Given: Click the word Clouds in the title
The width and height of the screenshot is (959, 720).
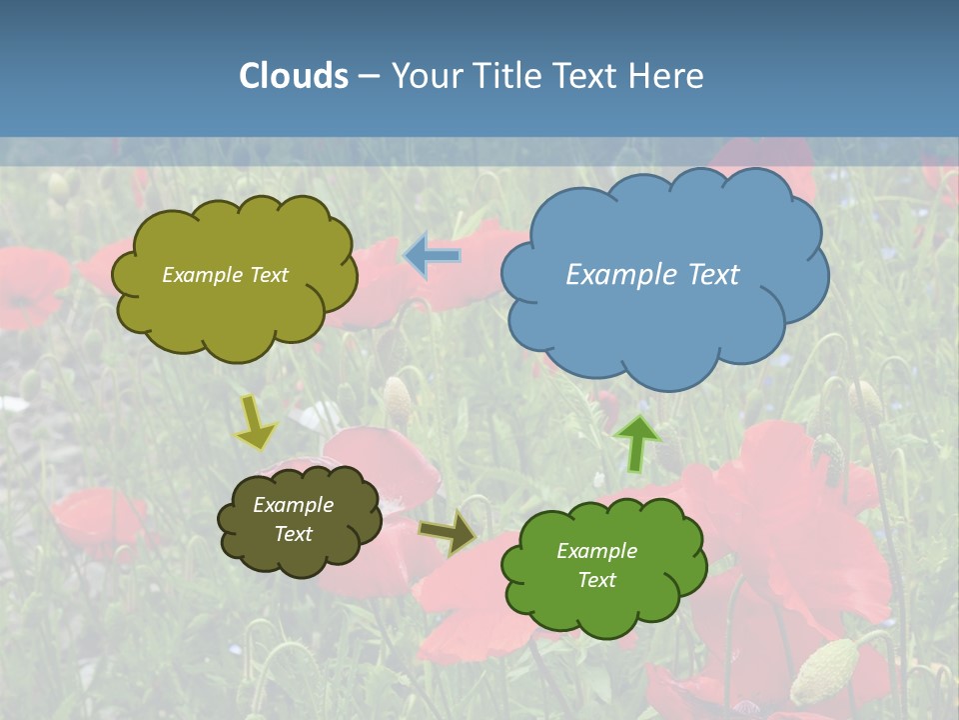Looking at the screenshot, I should click(293, 76).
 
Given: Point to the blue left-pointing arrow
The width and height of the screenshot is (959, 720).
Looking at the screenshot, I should click(433, 256).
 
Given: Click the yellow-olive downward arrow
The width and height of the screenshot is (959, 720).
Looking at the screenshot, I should click(256, 423).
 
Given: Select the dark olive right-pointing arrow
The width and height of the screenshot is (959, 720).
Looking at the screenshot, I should click(448, 533).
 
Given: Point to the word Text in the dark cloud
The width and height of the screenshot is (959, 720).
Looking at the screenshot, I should click(294, 534).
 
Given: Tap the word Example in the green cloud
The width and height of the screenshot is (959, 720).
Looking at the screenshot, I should click(596, 551).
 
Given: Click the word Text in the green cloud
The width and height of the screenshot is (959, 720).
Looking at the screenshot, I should click(596, 580).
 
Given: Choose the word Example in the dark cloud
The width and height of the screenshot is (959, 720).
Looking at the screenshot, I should click(294, 505).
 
